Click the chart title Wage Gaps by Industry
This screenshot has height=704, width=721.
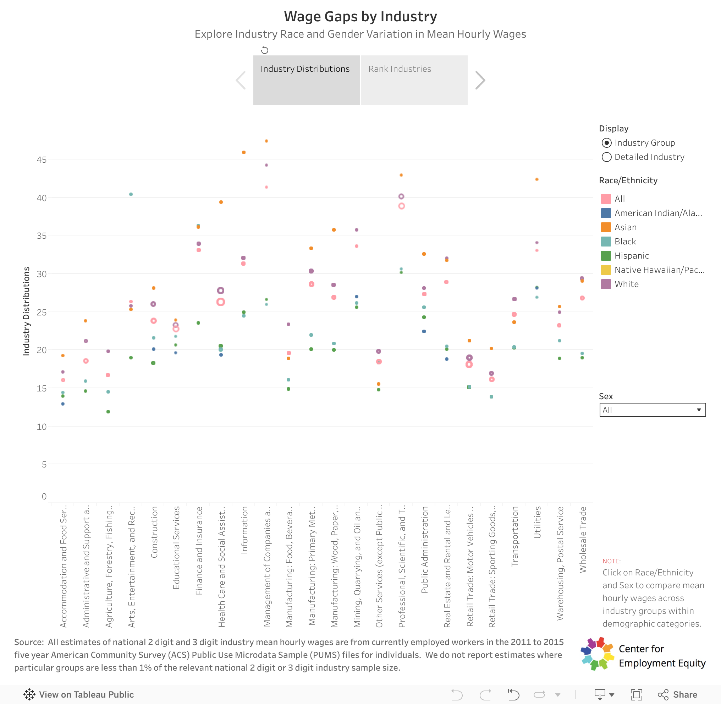360,17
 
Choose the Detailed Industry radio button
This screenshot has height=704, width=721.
606,157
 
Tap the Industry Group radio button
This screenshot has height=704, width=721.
606,143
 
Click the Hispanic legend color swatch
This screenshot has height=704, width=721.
606,255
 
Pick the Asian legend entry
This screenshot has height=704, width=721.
625,227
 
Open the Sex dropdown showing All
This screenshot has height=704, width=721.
652,410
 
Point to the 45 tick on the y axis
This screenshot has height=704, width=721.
42,160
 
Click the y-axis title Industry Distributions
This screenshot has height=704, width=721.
26,311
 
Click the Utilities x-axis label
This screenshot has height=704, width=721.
537,522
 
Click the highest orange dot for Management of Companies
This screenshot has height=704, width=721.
266,141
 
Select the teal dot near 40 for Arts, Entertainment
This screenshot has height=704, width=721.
131,194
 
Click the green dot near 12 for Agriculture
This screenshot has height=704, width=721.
108,412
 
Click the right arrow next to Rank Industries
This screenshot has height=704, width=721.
480,80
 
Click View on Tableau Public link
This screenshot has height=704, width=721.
79,694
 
